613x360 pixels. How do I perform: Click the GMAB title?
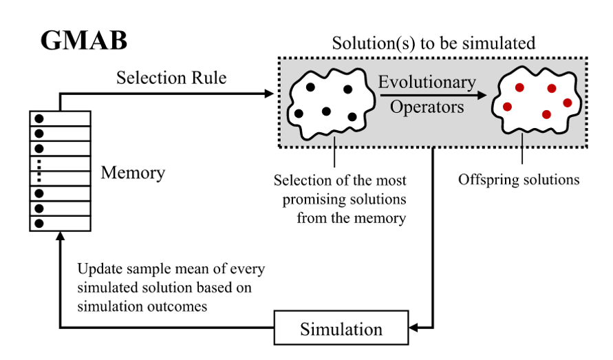[83, 41]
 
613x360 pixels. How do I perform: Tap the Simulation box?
[341, 328]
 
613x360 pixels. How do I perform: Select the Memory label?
[133, 172]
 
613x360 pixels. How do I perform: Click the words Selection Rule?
[171, 78]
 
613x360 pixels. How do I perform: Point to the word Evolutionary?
[427, 83]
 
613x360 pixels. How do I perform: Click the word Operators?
[427, 107]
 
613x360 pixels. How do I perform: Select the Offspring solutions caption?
[519, 180]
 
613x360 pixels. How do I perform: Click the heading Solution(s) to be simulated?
[433, 43]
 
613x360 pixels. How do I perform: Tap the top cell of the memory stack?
[59, 118]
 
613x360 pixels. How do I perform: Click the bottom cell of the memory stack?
[59, 224]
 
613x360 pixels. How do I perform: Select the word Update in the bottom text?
[97, 268]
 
